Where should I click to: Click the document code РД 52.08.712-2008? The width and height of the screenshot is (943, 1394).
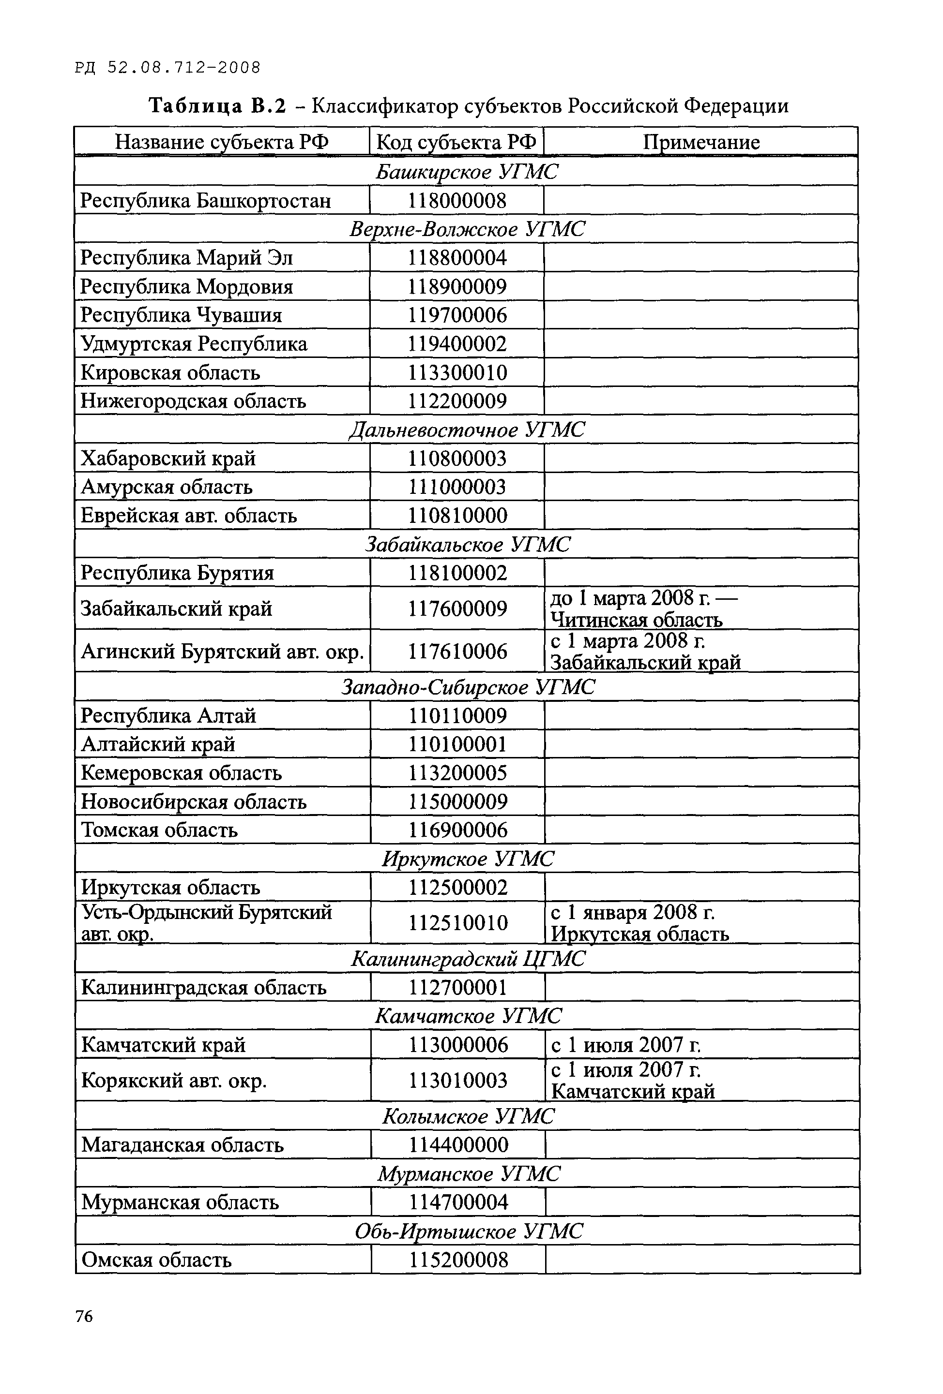point(168,68)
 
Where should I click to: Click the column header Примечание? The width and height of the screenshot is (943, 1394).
point(701,142)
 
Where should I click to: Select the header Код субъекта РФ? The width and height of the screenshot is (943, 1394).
point(456,142)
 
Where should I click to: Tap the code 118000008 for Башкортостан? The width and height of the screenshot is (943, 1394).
point(457,200)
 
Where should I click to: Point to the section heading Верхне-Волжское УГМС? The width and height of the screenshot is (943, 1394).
point(466,229)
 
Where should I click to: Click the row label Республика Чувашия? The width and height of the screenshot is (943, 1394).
point(181,315)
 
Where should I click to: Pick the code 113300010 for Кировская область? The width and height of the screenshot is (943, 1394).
point(457,372)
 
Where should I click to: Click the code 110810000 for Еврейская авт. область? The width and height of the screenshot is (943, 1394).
point(457,516)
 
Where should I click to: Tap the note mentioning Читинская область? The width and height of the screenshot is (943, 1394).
point(642,609)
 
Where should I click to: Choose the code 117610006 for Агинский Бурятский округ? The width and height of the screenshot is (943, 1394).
point(458,652)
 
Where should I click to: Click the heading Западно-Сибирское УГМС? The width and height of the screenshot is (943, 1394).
point(468,687)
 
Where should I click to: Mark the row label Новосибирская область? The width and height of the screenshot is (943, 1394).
point(194,802)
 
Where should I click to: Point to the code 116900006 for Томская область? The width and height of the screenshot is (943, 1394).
point(458,830)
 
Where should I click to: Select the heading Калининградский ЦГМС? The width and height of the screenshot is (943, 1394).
point(467,959)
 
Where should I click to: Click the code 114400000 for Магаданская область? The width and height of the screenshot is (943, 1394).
point(458,1145)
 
